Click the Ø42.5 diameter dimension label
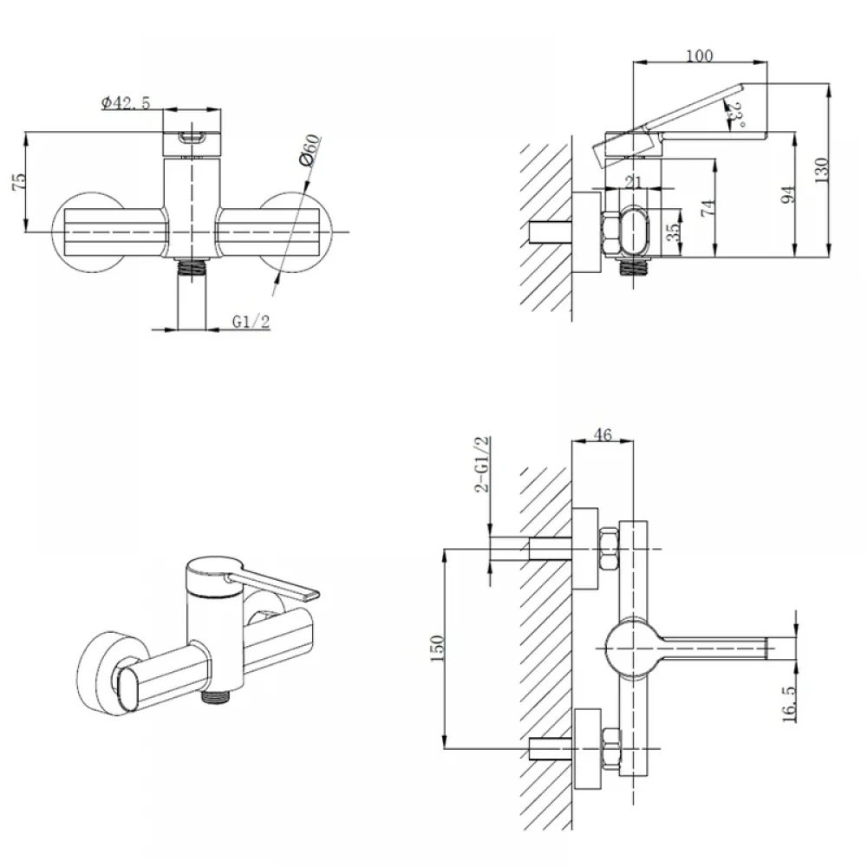point(126,103)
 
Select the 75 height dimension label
point(19,182)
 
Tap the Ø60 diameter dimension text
point(310,150)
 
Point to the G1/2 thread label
point(251,322)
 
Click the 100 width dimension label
point(700,55)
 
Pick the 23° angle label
point(736,114)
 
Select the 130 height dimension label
point(822,170)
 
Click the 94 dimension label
point(788,194)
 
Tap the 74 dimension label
point(708,207)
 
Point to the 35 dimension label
point(673,232)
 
